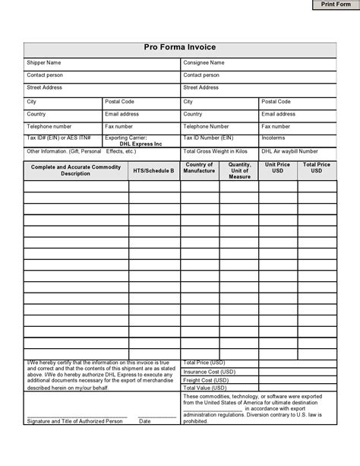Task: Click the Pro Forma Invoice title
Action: click(x=180, y=47)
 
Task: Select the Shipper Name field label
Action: click(x=44, y=62)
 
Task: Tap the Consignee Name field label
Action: click(x=204, y=62)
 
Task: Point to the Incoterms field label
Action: click(x=274, y=138)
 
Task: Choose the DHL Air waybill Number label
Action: click(x=292, y=151)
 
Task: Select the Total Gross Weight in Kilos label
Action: click(x=215, y=151)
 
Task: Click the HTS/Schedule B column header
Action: click(x=153, y=171)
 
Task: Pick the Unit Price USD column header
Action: click(x=277, y=168)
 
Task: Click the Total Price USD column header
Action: click(x=317, y=168)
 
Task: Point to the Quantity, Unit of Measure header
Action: click(x=239, y=170)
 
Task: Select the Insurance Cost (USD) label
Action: click(x=210, y=371)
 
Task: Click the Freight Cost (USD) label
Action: click(x=207, y=379)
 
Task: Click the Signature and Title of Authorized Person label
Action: click(x=74, y=420)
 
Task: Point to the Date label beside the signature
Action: click(x=144, y=420)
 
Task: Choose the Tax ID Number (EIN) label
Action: click(x=208, y=138)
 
